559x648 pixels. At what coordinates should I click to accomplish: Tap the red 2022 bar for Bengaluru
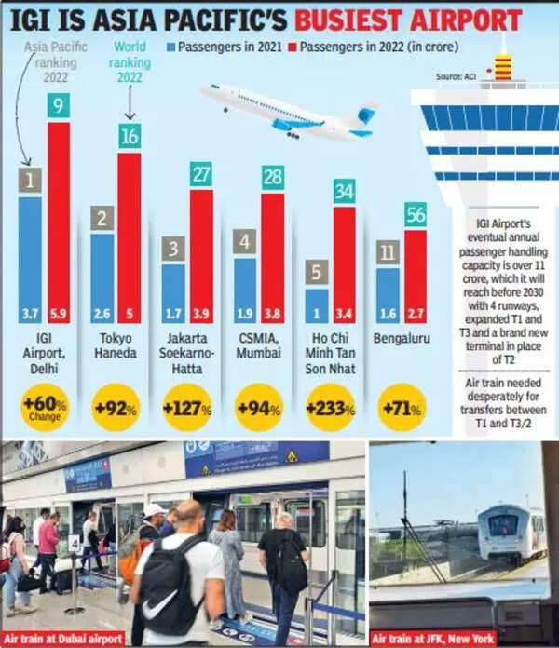click(416, 276)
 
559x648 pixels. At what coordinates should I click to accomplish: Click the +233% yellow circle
click(331, 408)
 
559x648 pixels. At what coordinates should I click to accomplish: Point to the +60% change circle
click(44, 408)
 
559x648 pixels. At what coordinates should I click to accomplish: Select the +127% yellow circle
click(187, 408)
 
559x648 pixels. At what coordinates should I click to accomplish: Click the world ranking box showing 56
click(416, 214)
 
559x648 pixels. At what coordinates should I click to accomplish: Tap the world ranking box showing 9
click(59, 106)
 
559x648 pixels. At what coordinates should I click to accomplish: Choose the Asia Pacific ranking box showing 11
click(388, 252)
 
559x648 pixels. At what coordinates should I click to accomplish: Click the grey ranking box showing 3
click(173, 249)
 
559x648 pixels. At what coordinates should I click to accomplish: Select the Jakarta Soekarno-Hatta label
click(187, 354)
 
